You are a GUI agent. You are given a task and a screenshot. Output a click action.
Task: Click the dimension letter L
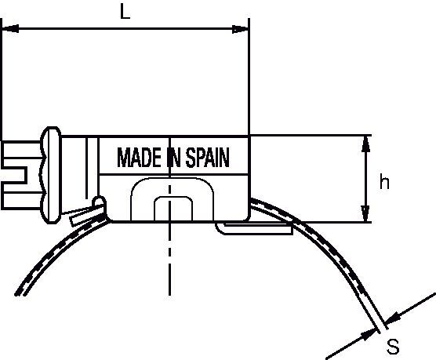pyautogui.click(x=125, y=13)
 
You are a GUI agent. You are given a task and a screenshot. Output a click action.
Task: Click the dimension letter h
pyautogui.click(x=384, y=181)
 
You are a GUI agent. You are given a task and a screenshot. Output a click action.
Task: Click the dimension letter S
pyautogui.click(x=393, y=346)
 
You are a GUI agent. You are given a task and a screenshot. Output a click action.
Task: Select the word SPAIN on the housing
pyautogui.click(x=208, y=158)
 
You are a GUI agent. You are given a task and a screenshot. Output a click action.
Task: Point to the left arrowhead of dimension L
pyautogui.click(x=10, y=28)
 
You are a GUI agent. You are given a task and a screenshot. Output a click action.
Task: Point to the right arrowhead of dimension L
pyautogui.click(x=240, y=29)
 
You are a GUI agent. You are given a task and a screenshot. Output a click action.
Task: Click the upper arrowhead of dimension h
pyautogui.click(x=366, y=144)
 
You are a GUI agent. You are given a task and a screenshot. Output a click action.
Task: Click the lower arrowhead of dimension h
pyautogui.click(x=365, y=213)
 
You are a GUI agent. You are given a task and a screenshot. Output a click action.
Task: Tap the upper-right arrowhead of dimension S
pyautogui.click(x=393, y=318)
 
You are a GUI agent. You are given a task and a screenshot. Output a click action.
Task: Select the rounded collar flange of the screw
pyautogui.click(x=51, y=175)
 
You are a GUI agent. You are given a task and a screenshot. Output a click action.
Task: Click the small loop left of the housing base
pyautogui.click(x=100, y=202)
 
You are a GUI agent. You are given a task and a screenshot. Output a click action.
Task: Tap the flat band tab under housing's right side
pyautogui.click(x=254, y=229)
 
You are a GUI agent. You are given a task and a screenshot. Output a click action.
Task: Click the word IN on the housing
pyautogui.click(x=173, y=158)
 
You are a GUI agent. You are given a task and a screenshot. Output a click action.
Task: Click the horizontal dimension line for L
pyautogui.click(x=125, y=28)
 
